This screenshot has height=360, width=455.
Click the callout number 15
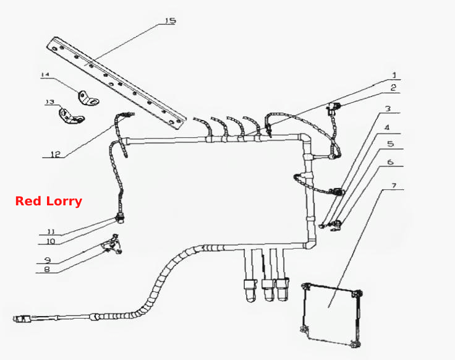click(171, 21)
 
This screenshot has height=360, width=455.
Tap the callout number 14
click(45, 75)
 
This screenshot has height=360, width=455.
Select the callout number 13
click(50, 101)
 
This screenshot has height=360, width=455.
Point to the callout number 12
click(56, 154)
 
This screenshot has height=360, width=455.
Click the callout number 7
click(394, 186)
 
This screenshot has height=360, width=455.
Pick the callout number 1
click(394, 75)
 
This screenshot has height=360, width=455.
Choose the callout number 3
click(388, 109)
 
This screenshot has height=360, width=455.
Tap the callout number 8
click(47, 269)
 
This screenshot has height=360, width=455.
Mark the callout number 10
click(51, 241)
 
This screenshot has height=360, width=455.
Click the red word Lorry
click(66, 201)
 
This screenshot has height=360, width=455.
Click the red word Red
click(31, 201)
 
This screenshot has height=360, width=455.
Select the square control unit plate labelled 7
click(331, 315)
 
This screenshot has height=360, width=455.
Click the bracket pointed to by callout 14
click(88, 98)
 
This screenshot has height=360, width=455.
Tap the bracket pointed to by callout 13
click(70, 116)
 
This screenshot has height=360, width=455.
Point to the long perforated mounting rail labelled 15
click(116, 83)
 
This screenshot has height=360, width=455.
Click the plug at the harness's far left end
click(23, 319)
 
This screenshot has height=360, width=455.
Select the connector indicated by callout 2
click(333, 108)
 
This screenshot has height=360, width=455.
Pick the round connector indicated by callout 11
click(119, 218)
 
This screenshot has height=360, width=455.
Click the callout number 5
click(391, 144)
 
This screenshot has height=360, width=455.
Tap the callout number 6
click(390, 161)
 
